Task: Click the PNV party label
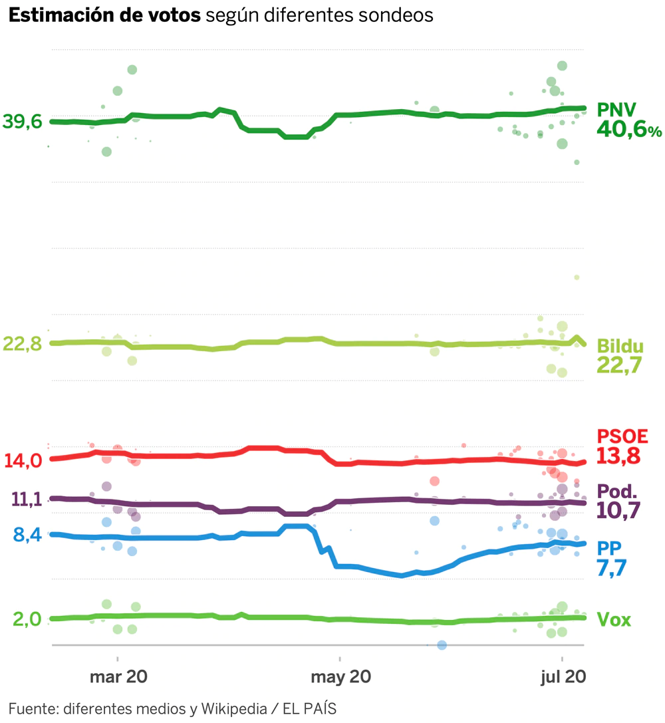coord(616,108)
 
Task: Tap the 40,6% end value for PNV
coord(628,129)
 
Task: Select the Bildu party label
coord(620,346)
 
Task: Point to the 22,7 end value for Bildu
coord(618,365)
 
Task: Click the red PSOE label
coord(622,436)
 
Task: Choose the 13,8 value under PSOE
coord(618,456)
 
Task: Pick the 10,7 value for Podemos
coord(618,511)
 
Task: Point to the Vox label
coord(614,620)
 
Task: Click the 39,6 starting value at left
coord(22,122)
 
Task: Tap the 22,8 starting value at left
coord(22,344)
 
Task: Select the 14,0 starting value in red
coord(23,460)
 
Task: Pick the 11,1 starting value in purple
coord(27,499)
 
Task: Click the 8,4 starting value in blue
coord(27,534)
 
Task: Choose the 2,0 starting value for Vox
coord(27,619)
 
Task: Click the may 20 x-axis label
coord(340,677)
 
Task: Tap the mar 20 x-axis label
coord(118,677)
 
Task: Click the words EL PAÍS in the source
coord(309,708)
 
